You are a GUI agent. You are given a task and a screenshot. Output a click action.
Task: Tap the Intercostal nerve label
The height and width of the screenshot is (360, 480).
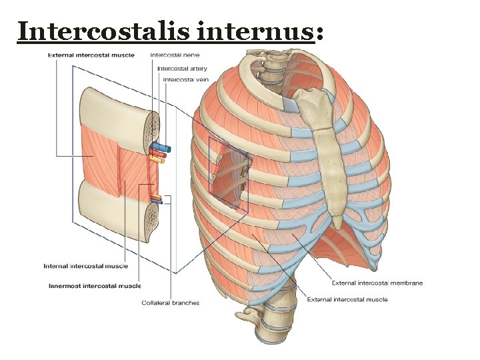[175, 55]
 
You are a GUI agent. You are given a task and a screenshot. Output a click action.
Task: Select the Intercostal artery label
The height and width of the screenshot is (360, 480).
[182, 68]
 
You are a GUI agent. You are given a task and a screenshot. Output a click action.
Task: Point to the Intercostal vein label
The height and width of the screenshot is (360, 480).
[185, 79]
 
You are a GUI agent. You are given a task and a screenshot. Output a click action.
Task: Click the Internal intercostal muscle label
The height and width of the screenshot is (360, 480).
[85, 266]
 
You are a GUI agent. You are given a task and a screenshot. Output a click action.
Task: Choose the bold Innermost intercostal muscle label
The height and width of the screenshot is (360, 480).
[95, 286]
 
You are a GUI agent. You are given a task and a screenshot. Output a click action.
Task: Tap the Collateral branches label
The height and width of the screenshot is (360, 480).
[170, 303]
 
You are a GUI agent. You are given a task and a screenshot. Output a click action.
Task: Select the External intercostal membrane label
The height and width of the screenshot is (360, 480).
[377, 283]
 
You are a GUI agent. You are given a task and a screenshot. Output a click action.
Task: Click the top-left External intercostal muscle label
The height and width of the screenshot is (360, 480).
[91, 55]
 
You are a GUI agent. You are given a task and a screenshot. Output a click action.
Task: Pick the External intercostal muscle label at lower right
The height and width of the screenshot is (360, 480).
[347, 299]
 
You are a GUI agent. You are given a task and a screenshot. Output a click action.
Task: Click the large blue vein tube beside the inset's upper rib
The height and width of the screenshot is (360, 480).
[161, 145]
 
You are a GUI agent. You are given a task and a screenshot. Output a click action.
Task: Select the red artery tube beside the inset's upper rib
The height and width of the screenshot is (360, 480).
[157, 153]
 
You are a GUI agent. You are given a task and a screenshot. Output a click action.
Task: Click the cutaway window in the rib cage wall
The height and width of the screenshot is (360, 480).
[229, 174]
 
